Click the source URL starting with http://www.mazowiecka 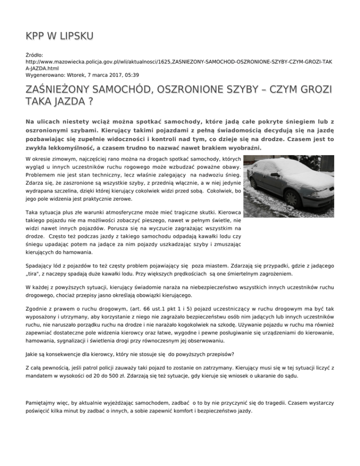pos(178,61)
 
